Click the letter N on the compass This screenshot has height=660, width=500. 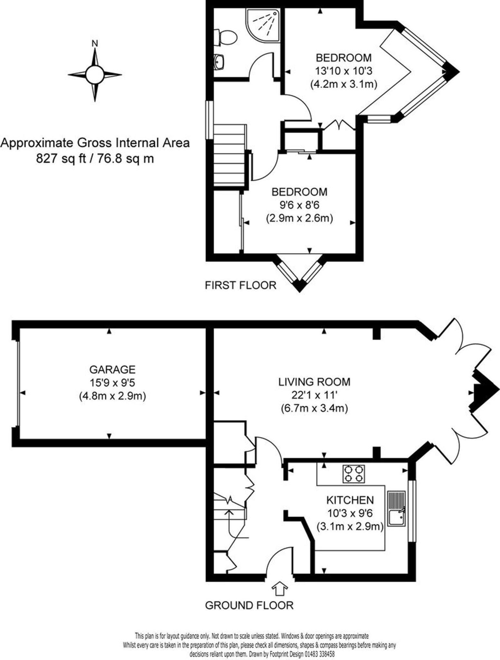tap(95, 44)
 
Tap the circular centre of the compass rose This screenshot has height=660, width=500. tap(95, 75)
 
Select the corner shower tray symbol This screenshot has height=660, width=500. tap(262, 24)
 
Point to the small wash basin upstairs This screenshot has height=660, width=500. tap(219, 61)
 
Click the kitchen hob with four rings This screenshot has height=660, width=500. tap(354, 474)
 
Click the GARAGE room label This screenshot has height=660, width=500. tap(112, 369)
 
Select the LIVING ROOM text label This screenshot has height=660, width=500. tap(314, 382)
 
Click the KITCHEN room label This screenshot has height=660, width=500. tap(350, 500)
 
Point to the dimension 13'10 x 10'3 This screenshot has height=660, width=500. tap(344, 71)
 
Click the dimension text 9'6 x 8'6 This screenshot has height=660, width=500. tap(299, 205)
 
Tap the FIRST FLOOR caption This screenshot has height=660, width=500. tap(241, 285)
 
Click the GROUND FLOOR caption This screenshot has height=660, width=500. tap(249, 606)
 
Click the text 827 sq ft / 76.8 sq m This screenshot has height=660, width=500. tap(95, 159)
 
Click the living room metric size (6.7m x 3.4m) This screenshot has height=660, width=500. tap(314, 408)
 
